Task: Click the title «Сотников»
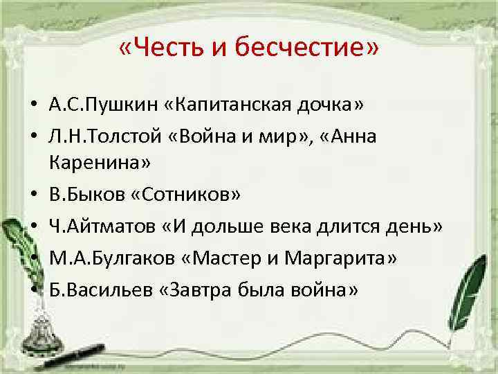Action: (186, 197)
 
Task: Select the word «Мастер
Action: (212, 258)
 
